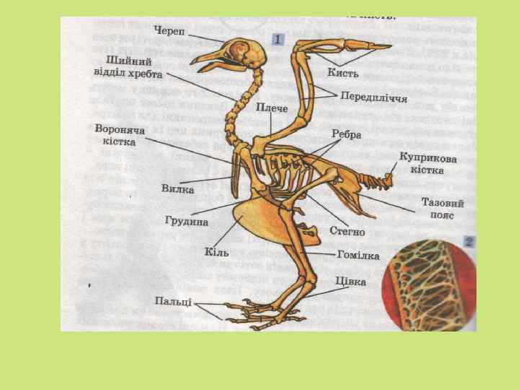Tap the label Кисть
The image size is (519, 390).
pos(343,73)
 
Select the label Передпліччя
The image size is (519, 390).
pos(374,96)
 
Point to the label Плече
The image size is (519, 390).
pos(272,108)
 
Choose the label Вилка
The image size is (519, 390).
pos(177,188)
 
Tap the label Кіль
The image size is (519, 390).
pos(216,253)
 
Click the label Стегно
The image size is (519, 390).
pos(347,232)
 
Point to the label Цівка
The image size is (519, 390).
pos(350,281)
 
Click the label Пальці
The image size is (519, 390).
pos(173,300)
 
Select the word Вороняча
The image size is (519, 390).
pos(120,129)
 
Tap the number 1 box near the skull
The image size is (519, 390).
pos(278,39)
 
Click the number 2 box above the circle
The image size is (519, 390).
pos(469,243)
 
